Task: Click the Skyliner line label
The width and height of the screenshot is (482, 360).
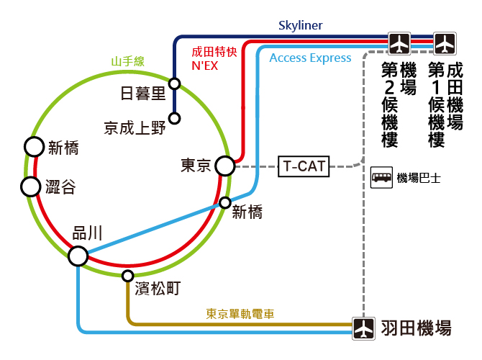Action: [300, 25]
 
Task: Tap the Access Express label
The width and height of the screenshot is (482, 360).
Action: [310, 58]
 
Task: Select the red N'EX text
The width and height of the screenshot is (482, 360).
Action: [205, 66]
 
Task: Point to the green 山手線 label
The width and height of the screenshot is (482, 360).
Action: [127, 61]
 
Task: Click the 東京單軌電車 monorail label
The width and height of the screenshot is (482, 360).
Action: [240, 314]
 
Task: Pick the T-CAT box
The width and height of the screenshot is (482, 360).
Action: [304, 166]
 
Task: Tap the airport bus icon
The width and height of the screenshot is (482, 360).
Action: [381, 177]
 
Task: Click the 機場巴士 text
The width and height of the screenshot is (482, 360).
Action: [419, 178]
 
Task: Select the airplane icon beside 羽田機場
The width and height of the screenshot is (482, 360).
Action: [363, 328]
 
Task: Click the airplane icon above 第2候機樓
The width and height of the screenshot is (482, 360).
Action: [399, 43]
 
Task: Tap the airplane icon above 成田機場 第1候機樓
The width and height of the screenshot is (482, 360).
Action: [445, 43]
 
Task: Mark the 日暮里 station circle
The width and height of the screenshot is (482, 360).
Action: [175, 84]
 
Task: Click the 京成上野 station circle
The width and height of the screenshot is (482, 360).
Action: [175, 118]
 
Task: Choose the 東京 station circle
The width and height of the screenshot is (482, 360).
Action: [225, 166]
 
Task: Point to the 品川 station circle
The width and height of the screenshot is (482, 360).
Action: [78, 256]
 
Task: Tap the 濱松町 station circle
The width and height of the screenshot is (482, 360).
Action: [127, 276]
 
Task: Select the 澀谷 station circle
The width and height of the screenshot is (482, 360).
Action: [30, 186]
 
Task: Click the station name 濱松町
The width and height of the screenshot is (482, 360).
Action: [158, 289]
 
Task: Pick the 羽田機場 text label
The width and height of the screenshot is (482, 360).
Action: [417, 328]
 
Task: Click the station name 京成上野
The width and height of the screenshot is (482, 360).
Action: [135, 128]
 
